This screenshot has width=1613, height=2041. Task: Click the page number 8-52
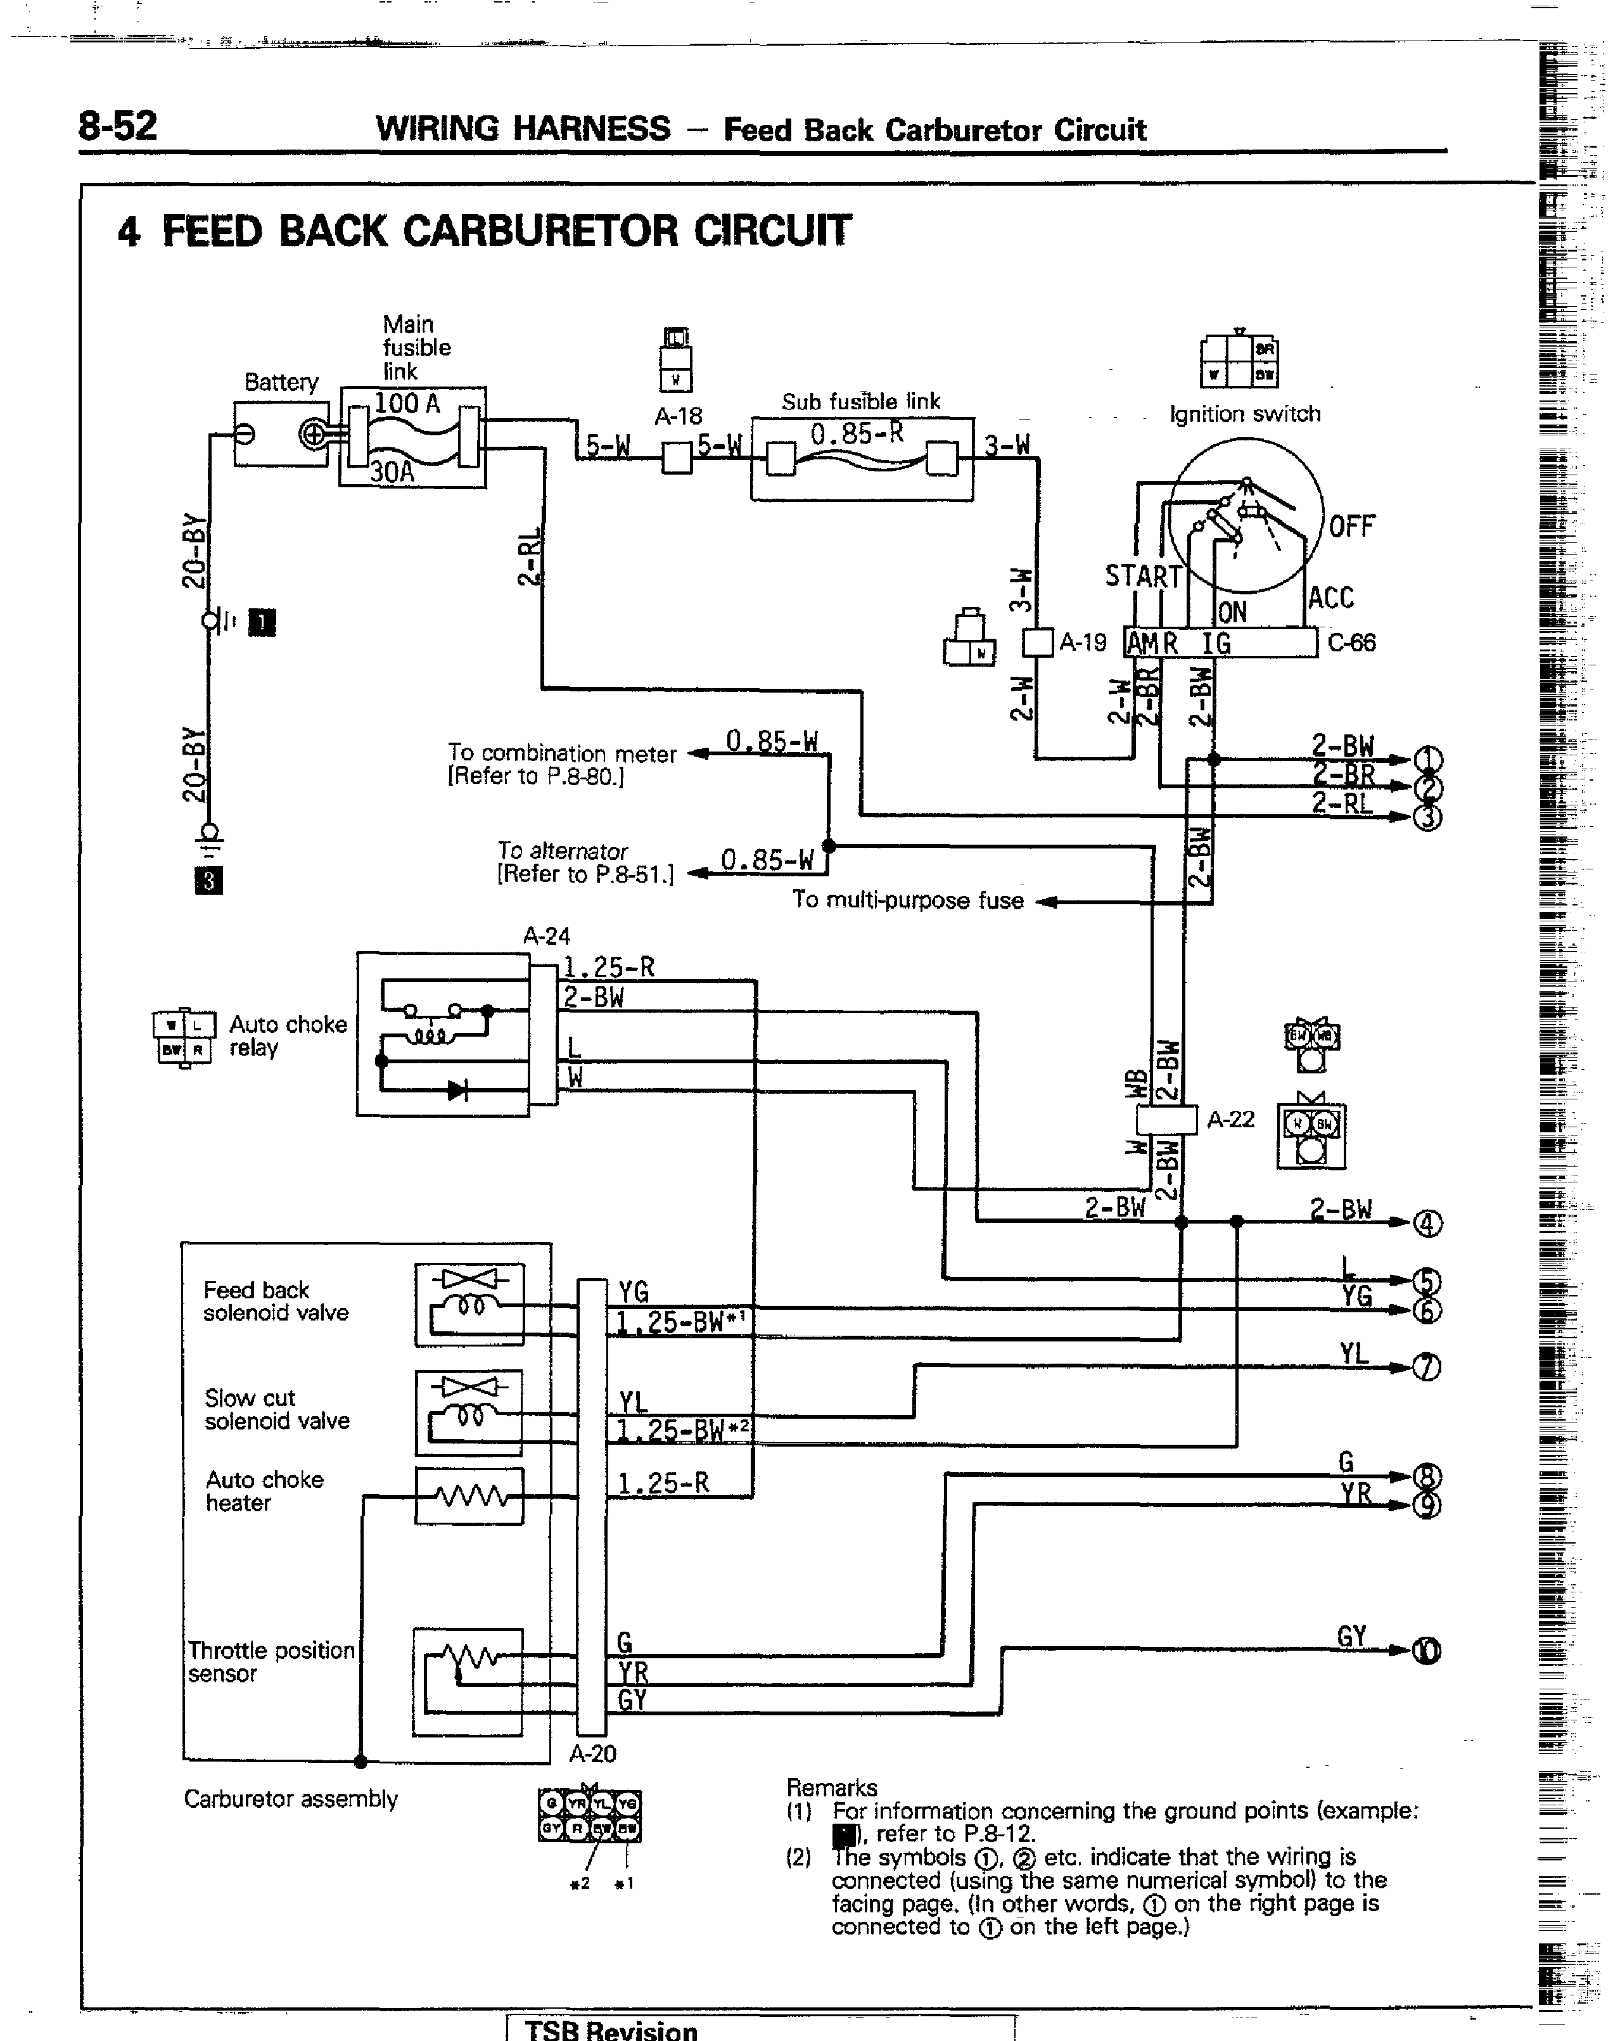click(x=117, y=125)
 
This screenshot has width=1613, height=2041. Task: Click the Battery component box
click(x=281, y=433)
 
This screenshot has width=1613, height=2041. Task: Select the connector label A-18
click(x=678, y=416)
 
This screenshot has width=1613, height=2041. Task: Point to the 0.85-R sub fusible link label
click(x=857, y=433)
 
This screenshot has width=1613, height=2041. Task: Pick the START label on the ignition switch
click(x=1143, y=576)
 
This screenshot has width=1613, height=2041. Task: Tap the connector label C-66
click(x=1351, y=643)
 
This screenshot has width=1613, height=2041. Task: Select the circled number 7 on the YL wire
click(x=1427, y=1367)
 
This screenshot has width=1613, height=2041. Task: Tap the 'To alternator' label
click(x=562, y=851)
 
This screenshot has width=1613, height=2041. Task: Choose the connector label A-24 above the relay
click(x=547, y=936)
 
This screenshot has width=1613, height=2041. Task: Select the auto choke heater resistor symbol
click(x=469, y=1496)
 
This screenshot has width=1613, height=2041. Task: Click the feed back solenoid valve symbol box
click(x=469, y=1304)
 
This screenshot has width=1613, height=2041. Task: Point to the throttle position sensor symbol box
click(x=468, y=1682)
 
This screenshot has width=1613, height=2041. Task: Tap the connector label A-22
click(x=1230, y=1119)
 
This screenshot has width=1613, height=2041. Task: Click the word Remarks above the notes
click(x=831, y=1788)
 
